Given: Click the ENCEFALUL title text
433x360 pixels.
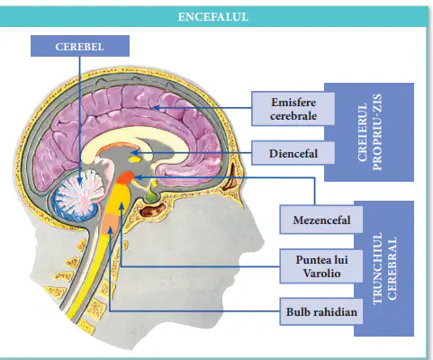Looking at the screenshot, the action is pyautogui.click(x=213, y=17).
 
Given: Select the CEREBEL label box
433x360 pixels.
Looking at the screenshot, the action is pyautogui.click(x=80, y=46).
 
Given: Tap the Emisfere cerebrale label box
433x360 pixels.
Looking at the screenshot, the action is pyautogui.click(x=293, y=109).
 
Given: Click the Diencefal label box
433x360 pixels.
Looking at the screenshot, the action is pyautogui.click(x=293, y=153).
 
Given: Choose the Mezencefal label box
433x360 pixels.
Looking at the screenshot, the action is pyautogui.click(x=321, y=220).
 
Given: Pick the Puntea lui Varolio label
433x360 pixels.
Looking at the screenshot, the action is pyautogui.click(x=321, y=266).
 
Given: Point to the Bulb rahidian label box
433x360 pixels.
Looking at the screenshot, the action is pyautogui.click(x=321, y=311).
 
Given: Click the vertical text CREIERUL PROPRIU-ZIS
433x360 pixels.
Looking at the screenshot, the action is pyautogui.click(x=370, y=132).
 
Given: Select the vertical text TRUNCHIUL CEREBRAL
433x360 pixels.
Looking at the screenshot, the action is pyautogui.click(x=384, y=268).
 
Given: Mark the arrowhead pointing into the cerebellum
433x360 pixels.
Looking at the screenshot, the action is pyautogui.click(x=79, y=180).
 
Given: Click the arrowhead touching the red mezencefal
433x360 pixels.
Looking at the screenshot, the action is pyautogui.click(x=139, y=177).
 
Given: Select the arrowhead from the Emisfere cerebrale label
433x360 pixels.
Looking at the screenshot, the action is pyautogui.click(x=156, y=107).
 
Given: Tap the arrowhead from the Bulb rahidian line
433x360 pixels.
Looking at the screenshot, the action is pyautogui.click(x=111, y=230).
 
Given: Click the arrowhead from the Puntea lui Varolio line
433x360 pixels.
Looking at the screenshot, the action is pyautogui.click(x=122, y=206).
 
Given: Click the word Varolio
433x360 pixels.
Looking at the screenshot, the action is pyautogui.click(x=321, y=274).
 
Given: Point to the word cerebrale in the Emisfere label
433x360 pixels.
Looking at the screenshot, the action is pyautogui.click(x=293, y=116).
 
